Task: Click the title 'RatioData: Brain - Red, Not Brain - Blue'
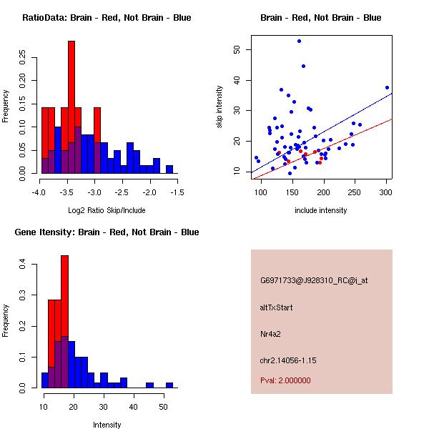click(107, 18)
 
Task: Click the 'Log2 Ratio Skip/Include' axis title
click(107, 210)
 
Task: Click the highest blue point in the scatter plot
click(299, 41)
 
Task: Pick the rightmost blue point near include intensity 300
click(387, 87)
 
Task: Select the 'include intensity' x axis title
click(321, 210)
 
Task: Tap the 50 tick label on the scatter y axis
click(236, 49)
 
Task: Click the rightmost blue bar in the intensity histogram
click(169, 385)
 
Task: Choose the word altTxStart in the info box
click(277, 307)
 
